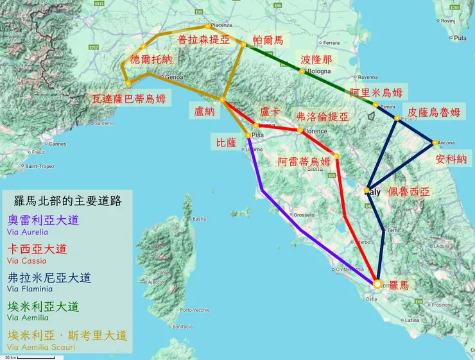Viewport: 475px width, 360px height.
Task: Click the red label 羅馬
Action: click(399, 286)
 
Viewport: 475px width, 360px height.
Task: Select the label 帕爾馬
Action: click(268, 40)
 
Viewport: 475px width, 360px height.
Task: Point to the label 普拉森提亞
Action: click(203, 40)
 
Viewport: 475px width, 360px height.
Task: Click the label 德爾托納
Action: click(151, 60)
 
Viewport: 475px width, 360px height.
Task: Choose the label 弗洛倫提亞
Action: click(322, 117)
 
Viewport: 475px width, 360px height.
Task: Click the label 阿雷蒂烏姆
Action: click(304, 161)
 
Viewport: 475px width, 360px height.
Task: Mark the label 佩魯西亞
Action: click(409, 192)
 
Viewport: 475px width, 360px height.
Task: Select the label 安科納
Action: click(451, 159)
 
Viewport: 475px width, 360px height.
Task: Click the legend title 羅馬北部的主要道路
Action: click(67, 200)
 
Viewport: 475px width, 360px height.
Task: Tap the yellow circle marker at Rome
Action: click(377, 284)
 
